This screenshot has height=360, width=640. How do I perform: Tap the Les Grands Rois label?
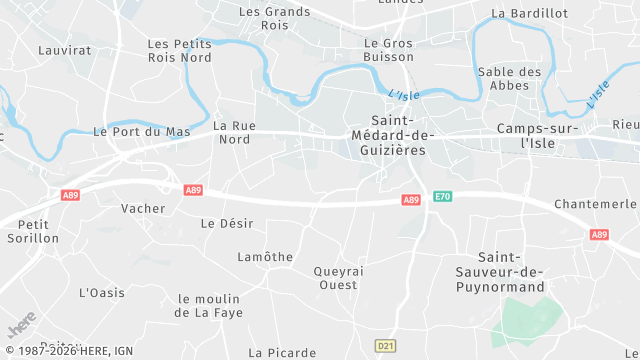point(275,19)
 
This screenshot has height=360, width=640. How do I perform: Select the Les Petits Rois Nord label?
point(180,51)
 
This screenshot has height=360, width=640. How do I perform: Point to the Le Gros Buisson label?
point(388,51)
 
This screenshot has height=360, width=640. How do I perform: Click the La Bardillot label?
point(529,13)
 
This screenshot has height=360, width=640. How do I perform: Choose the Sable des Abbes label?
point(510,79)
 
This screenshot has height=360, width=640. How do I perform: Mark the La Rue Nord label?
point(233,133)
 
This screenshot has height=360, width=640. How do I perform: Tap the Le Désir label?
point(227,223)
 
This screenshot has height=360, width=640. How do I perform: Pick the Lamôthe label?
point(265,257)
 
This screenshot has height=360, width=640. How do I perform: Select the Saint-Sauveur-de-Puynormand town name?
point(512,272)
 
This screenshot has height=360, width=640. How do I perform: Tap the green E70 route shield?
point(443,197)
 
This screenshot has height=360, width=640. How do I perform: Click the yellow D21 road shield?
point(385,345)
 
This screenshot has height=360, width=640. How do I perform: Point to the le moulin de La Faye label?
point(208,306)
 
